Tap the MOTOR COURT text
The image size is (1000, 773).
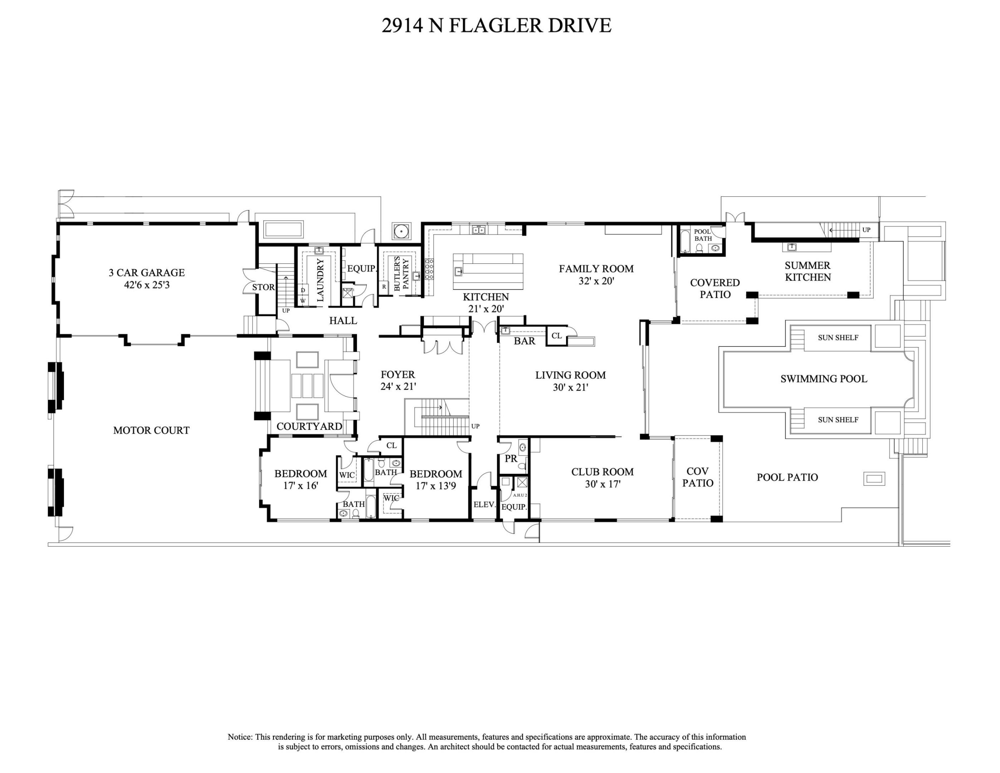click(x=151, y=431)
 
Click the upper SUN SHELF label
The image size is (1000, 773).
click(x=838, y=338)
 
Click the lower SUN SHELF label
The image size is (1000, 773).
click(x=838, y=420)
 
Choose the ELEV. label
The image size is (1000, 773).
click(x=484, y=505)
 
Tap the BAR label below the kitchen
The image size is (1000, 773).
click(x=524, y=341)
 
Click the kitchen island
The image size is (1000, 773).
click(x=488, y=271)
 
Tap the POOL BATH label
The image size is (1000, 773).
click(x=703, y=235)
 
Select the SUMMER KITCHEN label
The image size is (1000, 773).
click(x=808, y=272)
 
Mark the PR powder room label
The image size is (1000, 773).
click(x=511, y=459)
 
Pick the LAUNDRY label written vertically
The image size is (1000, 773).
click(x=320, y=280)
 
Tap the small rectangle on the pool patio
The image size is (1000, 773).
click(x=874, y=479)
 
